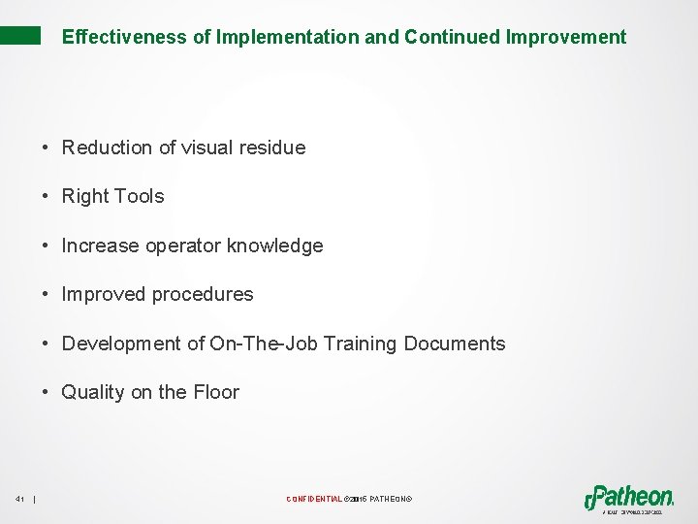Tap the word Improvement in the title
point(566,38)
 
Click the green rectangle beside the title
point(20,36)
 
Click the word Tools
point(140,196)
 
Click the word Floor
point(216,392)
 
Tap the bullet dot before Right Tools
point(46,197)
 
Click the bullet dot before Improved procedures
point(46,295)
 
